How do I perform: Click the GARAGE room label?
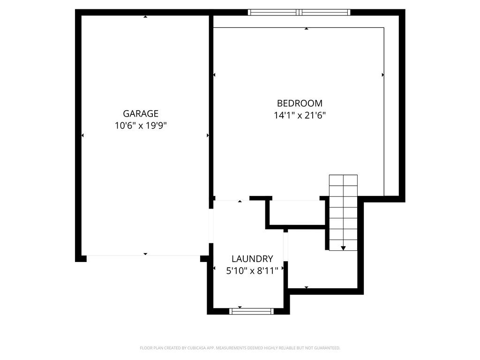pyautogui.click(x=141, y=113)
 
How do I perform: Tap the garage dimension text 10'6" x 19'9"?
pyautogui.click(x=141, y=126)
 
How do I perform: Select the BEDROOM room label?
pyautogui.click(x=300, y=104)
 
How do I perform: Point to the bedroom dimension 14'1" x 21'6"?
pyautogui.click(x=300, y=115)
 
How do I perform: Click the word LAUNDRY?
pyautogui.click(x=252, y=259)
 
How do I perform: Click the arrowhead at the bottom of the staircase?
pyautogui.click(x=343, y=248)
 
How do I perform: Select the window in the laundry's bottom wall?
pyautogui.click(x=251, y=311)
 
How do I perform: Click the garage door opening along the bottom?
pyautogui.click(x=143, y=256)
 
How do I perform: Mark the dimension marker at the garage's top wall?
pyautogui.click(x=145, y=17)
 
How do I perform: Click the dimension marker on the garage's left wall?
pyautogui.click(x=82, y=135)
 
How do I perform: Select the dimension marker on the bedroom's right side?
pyautogui.click(x=382, y=75)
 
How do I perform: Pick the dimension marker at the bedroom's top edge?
pyautogui.click(x=306, y=29)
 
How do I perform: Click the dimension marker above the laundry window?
pyautogui.click(x=240, y=307)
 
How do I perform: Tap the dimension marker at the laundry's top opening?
pyautogui.click(x=240, y=201)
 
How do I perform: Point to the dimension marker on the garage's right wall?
pyautogui.click(x=208, y=135)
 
